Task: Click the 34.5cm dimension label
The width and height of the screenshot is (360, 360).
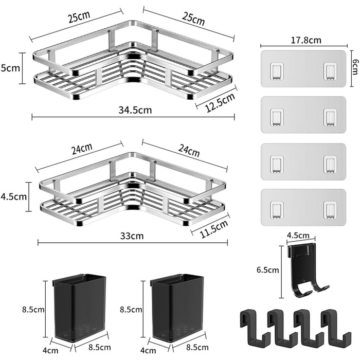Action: pos(135,110)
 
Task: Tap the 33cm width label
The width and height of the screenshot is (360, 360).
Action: pos(132,236)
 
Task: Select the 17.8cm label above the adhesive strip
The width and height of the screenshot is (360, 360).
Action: pos(306,40)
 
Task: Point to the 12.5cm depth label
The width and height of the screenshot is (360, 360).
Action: pos(220,102)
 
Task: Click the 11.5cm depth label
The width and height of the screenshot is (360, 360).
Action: pos(214,229)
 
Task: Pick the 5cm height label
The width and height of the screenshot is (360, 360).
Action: pos(10,68)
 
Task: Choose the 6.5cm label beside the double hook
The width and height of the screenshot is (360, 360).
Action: pos(268,270)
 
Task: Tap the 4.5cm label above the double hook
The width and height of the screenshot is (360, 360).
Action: pos(298,236)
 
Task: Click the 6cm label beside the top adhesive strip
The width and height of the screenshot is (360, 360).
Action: pos(355,67)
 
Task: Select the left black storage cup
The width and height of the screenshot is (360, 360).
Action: pos(79,308)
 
